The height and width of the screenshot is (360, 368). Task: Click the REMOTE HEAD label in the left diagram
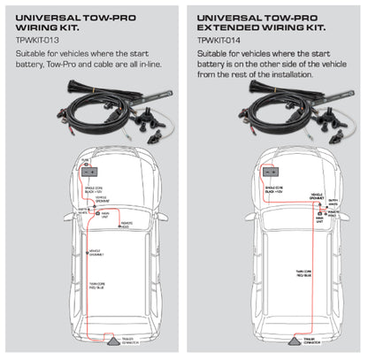pos(128,226)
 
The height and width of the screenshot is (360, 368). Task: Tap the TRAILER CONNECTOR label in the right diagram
pos(309,342)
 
